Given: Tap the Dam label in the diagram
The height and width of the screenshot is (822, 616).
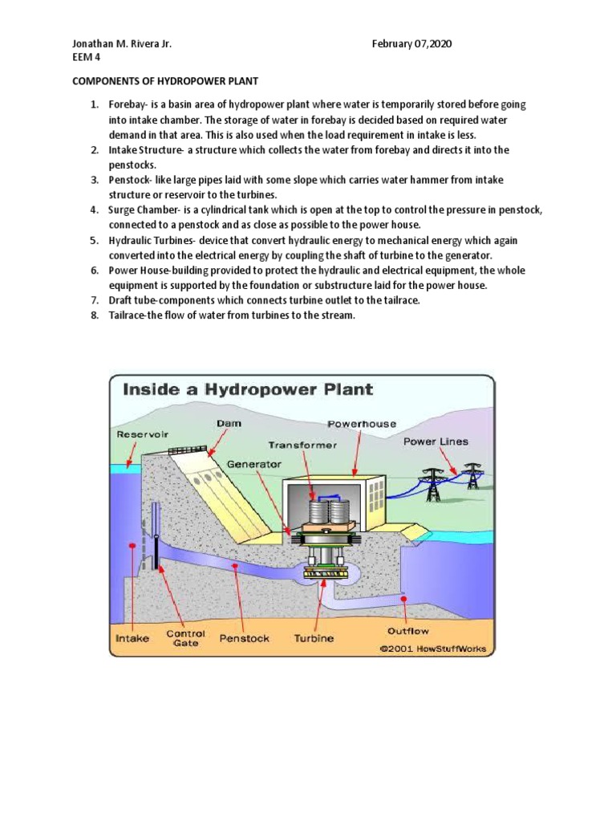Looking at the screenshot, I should [x=228, y=422].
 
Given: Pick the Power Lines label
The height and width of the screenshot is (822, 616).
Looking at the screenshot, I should [x=436, y=442].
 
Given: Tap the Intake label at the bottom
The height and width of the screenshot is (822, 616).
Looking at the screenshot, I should [x=133, y=639].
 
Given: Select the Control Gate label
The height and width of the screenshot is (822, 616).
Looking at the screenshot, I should [x=186, y=638].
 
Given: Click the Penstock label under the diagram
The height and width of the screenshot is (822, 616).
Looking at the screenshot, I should [x=244, y=639].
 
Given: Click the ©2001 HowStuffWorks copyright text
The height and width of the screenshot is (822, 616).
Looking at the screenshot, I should [x=433, y=649].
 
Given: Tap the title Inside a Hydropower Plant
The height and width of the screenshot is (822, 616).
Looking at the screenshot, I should [x=247, y=390].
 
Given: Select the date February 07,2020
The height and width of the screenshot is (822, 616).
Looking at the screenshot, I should [x=412, y=44].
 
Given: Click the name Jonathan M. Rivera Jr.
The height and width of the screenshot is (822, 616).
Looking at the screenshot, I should [x=123, y=44].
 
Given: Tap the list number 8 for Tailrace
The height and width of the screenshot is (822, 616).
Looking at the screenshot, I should [x=93, y=315].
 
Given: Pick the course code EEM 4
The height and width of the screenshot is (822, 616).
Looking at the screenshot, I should [x=87, y=59].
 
